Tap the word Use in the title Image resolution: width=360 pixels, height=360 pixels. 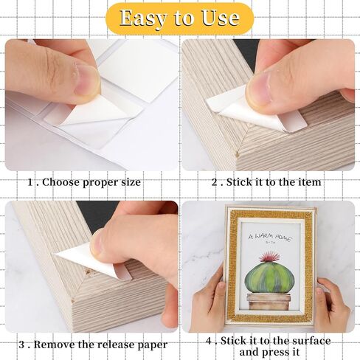pos(221,18)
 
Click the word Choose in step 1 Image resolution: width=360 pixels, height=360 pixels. pos(61,182)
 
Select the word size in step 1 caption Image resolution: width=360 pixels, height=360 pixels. pos(131,182)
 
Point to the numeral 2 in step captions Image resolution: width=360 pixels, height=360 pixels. pos(215,182)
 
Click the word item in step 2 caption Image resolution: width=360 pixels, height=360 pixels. pos(311,182)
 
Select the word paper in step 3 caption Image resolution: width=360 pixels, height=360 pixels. pos(152,345)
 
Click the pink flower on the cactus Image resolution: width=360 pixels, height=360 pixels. pos(270,257)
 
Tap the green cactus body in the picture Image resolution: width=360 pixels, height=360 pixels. pos(269,277)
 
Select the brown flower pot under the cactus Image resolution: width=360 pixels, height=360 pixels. pos(269,302)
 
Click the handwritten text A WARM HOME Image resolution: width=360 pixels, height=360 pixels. pos(270,237)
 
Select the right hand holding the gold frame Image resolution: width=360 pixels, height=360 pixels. pos(333,305)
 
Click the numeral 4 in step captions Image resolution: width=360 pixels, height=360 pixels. pos(209,341)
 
